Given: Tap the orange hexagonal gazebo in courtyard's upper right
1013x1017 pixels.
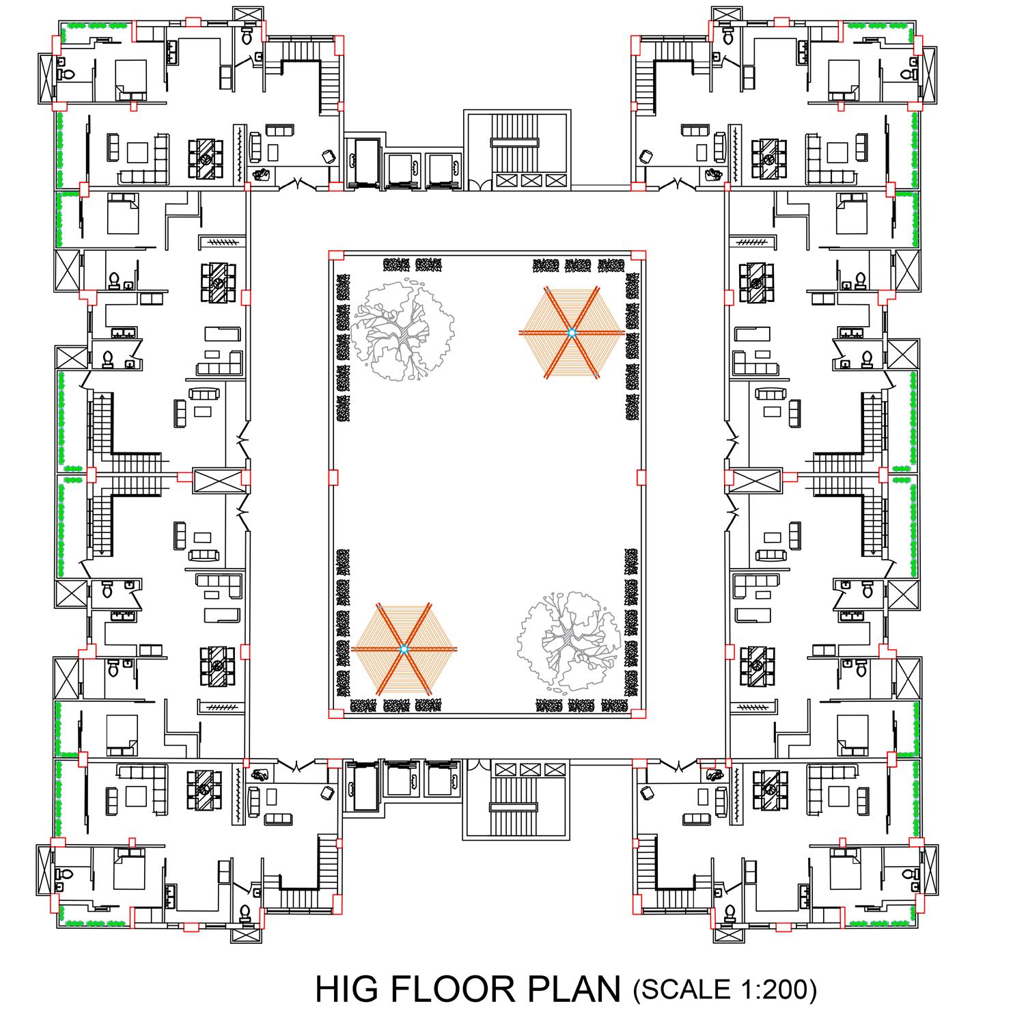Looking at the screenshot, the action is [572, 332].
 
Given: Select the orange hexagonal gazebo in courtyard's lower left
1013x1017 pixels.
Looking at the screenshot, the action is [404, 648].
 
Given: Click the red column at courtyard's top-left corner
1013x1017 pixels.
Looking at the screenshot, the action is [335, 255].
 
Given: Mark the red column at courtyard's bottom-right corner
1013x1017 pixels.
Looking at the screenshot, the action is [638, 714].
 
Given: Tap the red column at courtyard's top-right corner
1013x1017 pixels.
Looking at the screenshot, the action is [638, 255].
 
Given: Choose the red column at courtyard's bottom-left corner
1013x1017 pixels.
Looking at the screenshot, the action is [335, 714].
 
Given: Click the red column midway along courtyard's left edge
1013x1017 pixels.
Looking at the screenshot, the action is [333, 476].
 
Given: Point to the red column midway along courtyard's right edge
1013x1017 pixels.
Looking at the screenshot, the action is [641, 476].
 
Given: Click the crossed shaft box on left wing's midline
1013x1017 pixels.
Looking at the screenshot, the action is [218, 480].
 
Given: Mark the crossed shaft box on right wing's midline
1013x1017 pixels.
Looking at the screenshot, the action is [756, 480].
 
